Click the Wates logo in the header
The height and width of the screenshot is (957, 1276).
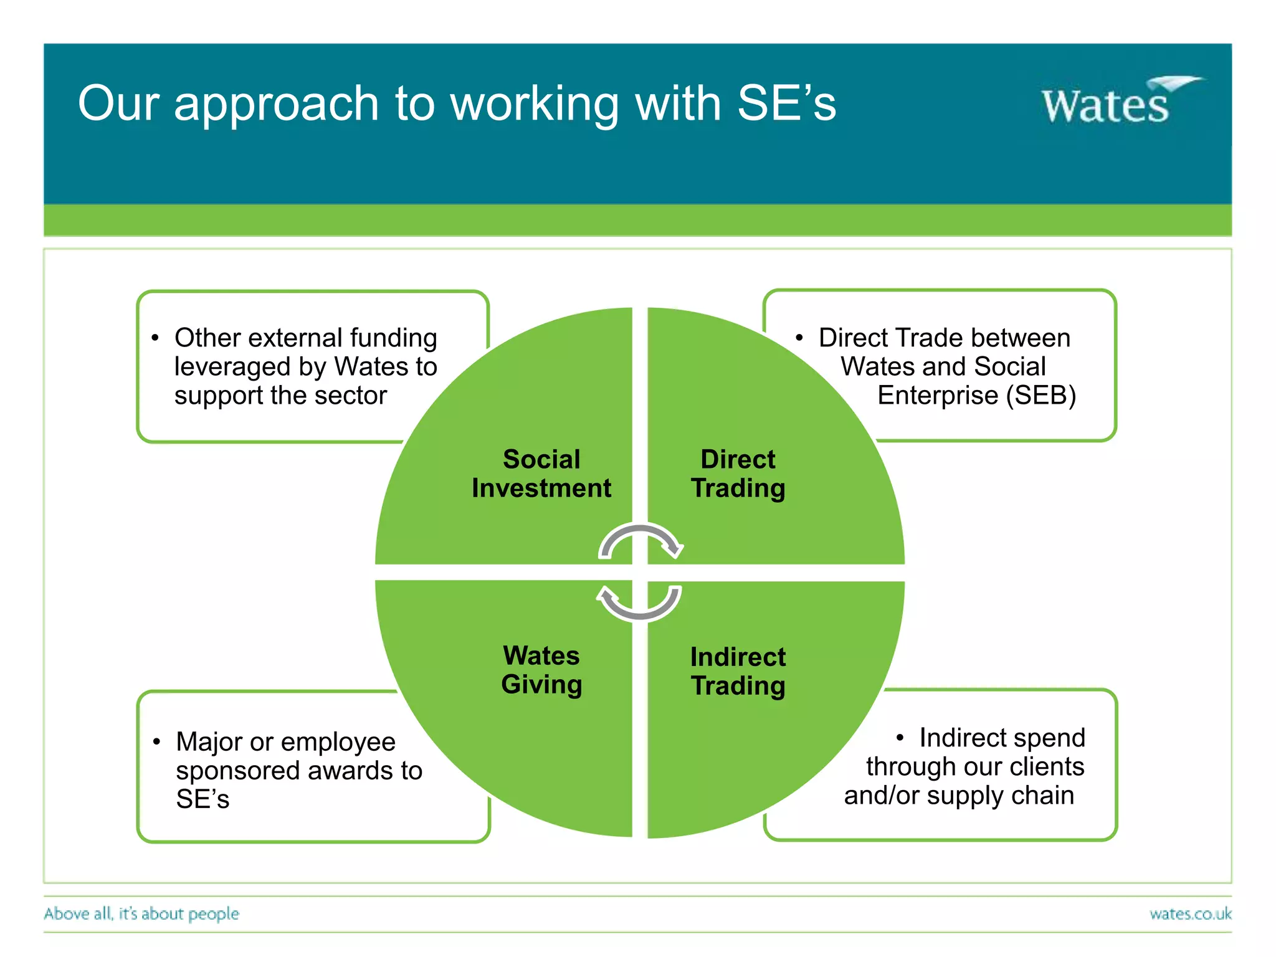pyautogui.click(x=1115, y=103)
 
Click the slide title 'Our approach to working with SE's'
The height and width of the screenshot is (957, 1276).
pyautogui.click(x=457, y=103)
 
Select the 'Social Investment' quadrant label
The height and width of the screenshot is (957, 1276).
pyautogui.click(x=541, y=474)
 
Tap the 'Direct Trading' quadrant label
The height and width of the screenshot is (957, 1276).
pyautogui.click(x=738, y=474)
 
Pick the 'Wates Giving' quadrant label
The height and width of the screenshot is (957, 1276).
pyautogui.click(x=541, y=670)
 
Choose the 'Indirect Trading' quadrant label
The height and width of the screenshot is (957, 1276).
pyautogui.click(x=738, y=671)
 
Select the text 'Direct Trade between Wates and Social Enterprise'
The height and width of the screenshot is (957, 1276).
pyautogui.click(x=945, y=366)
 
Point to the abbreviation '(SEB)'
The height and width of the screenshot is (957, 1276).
pyautogui.click(x=1041, y=396)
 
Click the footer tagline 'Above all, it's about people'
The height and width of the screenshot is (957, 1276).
pyautogui.click(x=141, y=914)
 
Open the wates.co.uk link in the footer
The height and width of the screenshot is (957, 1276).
pyautogui.click(x=1190, y=914)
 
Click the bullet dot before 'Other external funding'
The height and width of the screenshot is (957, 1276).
pyautogui.click(x=156, y=338)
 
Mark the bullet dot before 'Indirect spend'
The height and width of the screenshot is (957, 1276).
pyautogui.click(x=900, y=738)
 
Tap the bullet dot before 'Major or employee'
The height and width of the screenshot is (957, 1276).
pyautogui.click(x=157, y=742)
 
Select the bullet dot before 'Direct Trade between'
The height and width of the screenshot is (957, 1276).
pyautogui.click(x=799, y=338)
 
